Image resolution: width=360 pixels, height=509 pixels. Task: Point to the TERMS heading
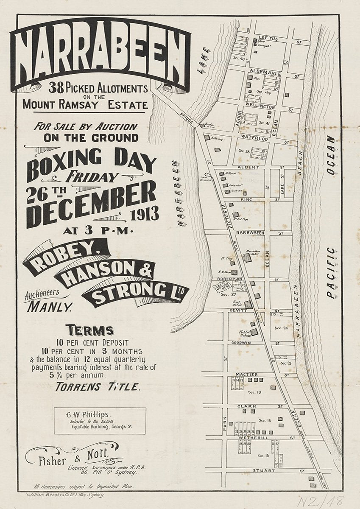[x=89, y=330]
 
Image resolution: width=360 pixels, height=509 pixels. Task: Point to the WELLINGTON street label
[x=260, y=107]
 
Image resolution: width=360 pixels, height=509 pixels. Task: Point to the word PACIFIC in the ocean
[x=331, y=273]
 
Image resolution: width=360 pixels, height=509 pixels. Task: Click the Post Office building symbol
[x=248, y=304]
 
